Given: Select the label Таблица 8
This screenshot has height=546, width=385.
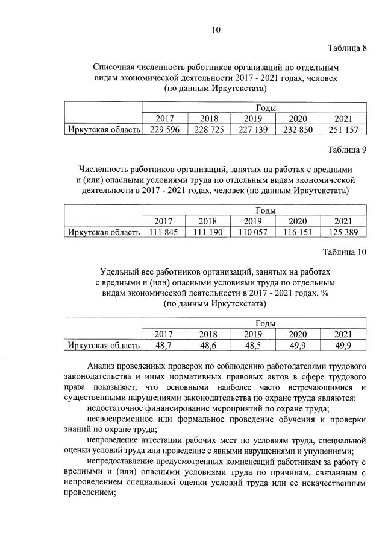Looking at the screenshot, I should click(347, 48).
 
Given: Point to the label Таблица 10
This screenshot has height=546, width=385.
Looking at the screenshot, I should click(345, 251).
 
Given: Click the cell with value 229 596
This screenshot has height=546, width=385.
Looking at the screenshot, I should click(164, 130).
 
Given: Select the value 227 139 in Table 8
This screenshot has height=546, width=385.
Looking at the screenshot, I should click(254, 130).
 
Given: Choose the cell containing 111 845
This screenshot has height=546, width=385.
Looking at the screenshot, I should click(164, 232).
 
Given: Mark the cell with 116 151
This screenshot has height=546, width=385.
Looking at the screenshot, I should click(298, 232).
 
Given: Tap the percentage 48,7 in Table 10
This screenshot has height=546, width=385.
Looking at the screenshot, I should click(164, 345).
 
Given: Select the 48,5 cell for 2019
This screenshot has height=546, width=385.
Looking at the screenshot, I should click(254, 345).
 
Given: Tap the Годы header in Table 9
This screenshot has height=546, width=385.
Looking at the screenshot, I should click(266, 211).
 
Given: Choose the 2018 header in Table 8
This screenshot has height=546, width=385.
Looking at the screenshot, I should click(209, 119).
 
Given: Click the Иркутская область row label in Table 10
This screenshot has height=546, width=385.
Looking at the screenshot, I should click(104, 345).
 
